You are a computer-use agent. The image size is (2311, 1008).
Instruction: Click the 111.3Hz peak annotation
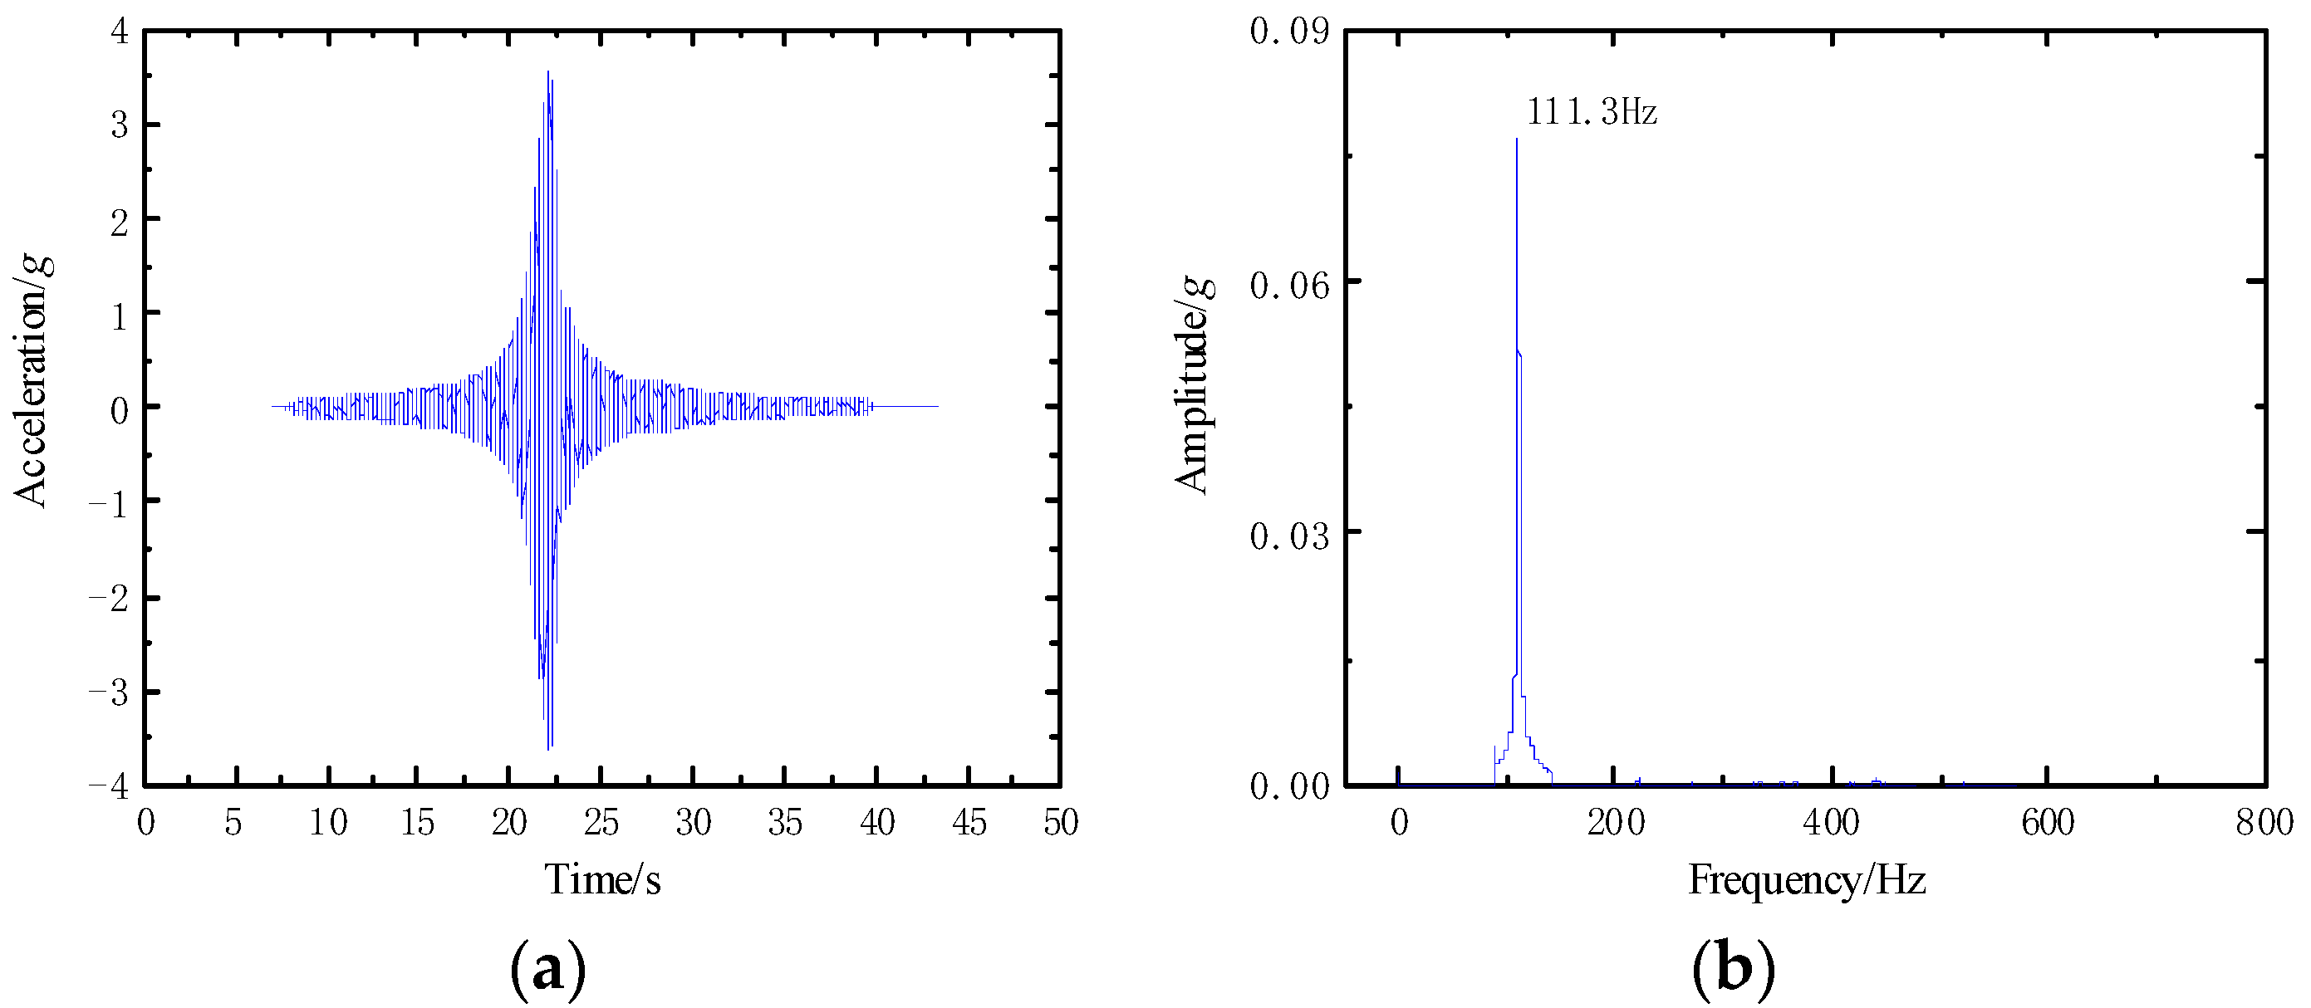coord(1592,112)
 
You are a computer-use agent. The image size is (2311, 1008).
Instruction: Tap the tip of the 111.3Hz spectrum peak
coord(1516,139)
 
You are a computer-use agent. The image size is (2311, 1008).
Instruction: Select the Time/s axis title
coord(602,880)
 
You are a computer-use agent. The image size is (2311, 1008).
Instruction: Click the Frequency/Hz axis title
coord(1807,880)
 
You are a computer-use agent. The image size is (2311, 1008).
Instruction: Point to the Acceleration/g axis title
coord(32,381)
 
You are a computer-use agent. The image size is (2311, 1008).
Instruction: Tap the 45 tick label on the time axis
coord(969,822)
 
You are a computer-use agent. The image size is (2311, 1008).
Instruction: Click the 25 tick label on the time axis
coord(601,822)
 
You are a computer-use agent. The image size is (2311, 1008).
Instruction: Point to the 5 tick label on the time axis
coord(233,822)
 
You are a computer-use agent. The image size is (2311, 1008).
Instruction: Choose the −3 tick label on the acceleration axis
coord(109,692)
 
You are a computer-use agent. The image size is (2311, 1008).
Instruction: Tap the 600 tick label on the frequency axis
coord(2047,822)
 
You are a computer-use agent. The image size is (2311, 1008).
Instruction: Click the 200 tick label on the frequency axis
coord(1615,822)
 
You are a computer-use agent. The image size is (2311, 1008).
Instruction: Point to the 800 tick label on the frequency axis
coord(2264,822)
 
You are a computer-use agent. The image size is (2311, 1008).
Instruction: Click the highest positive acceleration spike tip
coord(547,71)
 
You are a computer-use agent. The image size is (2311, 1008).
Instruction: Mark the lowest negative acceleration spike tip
coord(547,749)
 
